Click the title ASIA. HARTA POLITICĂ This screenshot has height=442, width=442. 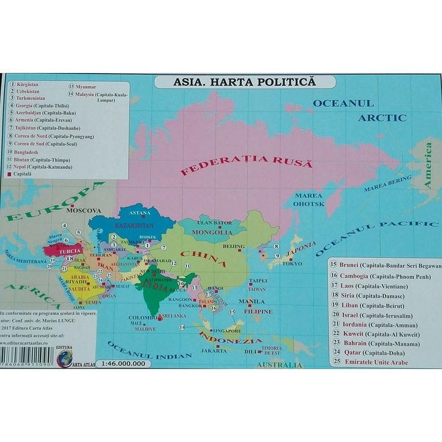[244, 82]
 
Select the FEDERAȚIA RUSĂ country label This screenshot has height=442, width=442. [246, 165]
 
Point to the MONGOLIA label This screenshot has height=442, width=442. [212, 233]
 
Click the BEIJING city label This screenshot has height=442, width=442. [233, 246]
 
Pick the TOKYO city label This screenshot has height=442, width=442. [292, 264]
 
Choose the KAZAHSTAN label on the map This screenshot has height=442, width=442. [132, 226]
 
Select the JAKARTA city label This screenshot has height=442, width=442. [214, 351]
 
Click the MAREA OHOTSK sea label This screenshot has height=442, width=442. [308, 200]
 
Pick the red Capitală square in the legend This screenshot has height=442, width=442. [10, 174]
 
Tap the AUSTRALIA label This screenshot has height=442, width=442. [279, 365]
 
